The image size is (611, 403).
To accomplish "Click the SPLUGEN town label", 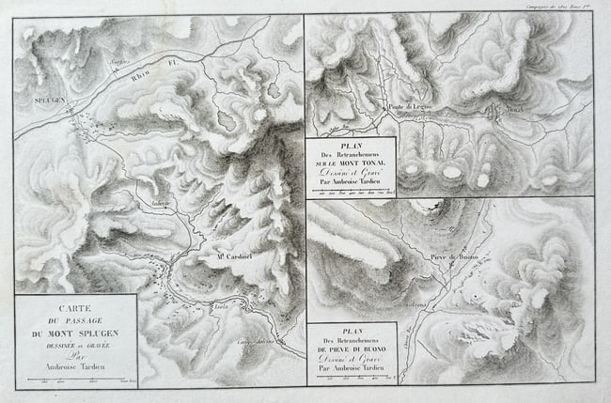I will pyautogui.click(x=48, y=97).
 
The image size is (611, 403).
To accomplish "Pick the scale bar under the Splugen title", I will pyautogui.click(x=75, y=380).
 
